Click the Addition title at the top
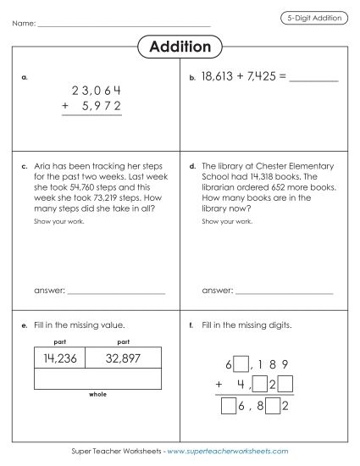[x=180, y=45]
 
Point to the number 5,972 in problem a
[x=102, y=106]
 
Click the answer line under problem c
[x=116, y=292]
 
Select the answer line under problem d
[x=284, y=292]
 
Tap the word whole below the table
[x=97, y=394]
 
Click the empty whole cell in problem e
[x=97, y=378]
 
